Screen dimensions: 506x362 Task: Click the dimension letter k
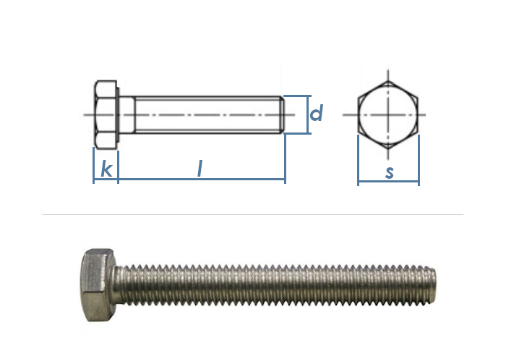coord(106,169)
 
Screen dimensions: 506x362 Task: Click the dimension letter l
coord(200,169)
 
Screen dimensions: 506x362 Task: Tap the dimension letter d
coord(316,113)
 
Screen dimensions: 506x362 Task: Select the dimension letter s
coord(390,172)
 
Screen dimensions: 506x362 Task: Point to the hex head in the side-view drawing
coord(106,114)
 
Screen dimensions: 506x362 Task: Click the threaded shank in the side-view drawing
coord(209,114)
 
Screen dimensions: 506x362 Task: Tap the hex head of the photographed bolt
coord(98,285)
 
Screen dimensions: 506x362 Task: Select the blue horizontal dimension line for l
coord(202,179)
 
